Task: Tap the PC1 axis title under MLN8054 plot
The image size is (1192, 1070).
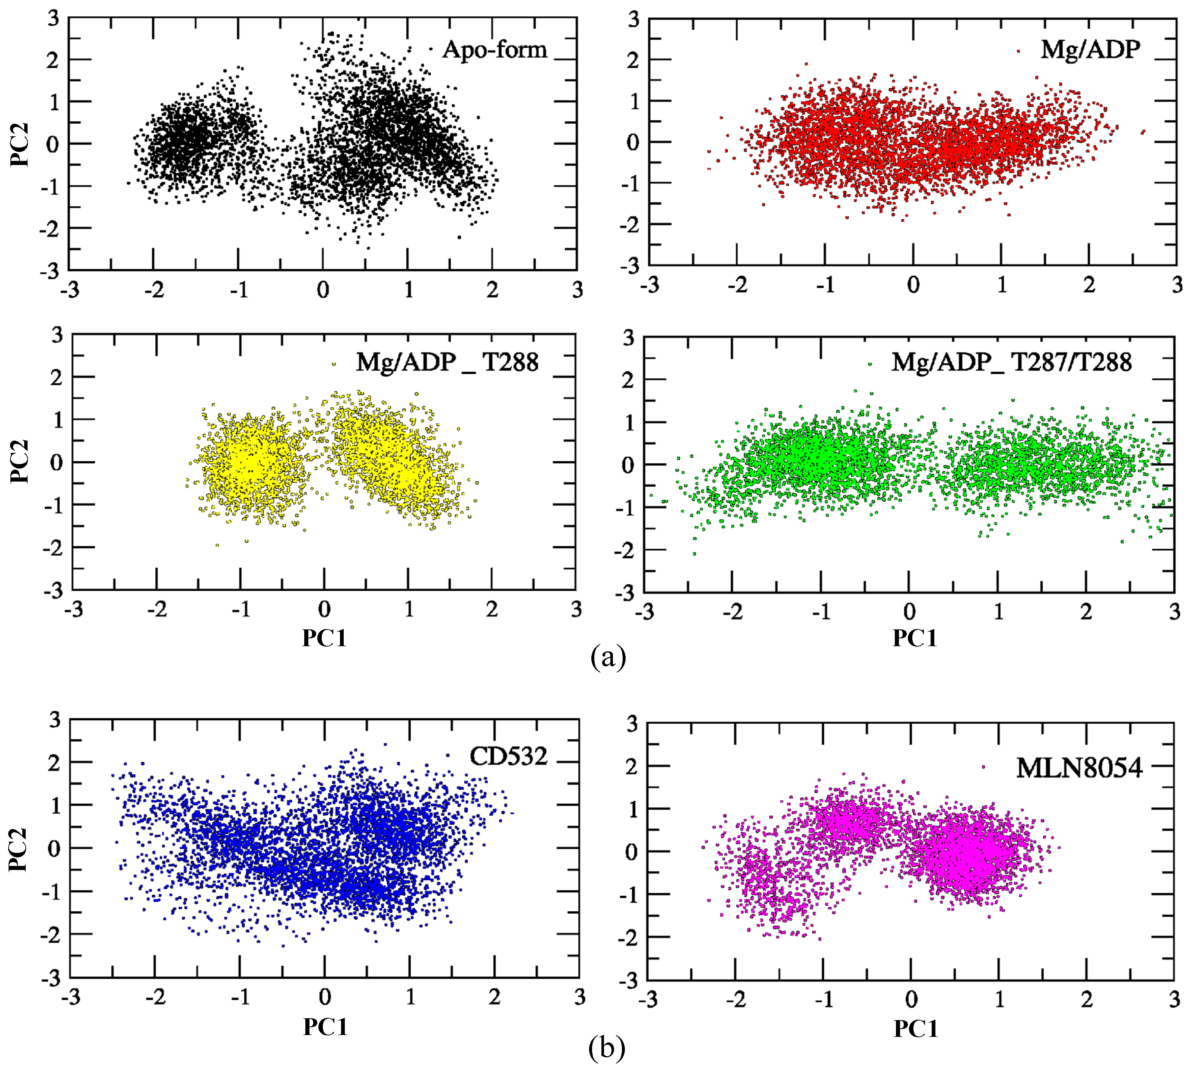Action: tap(915, 1029)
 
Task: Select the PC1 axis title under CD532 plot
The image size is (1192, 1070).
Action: tap(325, 1026)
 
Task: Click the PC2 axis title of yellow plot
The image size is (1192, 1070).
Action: tap(20, 461)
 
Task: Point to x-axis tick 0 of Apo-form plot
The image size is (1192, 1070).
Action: tap(323, 290)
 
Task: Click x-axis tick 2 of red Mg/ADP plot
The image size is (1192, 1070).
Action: tap(1089, 285)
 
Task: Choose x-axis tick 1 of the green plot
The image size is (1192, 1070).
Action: tap(998, 612)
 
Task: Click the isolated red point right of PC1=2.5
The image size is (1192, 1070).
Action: tap(1142, 132)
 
